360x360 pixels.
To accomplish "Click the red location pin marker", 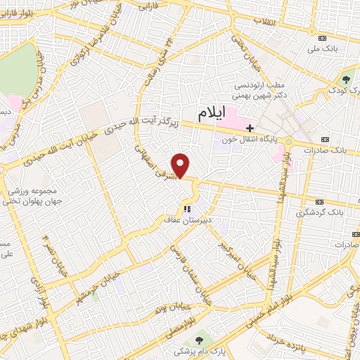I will [x=181, y=165].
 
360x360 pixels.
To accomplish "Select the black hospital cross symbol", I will [x=250, y=128].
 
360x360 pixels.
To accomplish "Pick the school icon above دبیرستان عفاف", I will [x=187, y=209].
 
